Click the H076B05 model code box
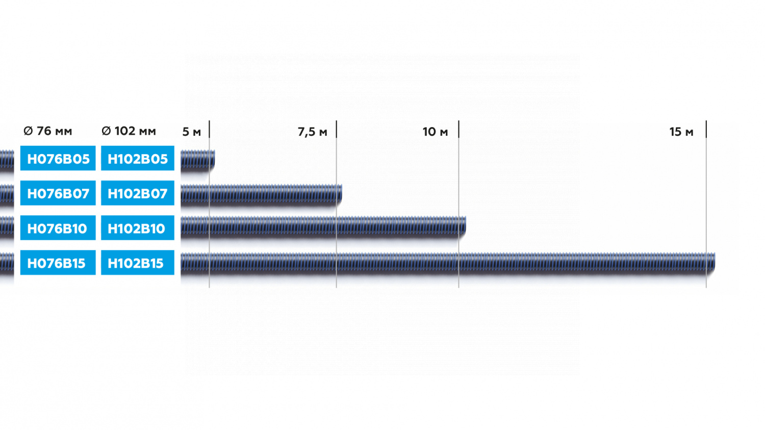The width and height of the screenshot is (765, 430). pyautogui.click(x=58, y=158)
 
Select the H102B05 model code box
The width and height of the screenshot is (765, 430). pyautogui.click(x=138, y=158)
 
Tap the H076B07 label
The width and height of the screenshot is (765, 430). pyautogui.click(x=58, y=193)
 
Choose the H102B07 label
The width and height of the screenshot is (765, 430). pyautogui.click(x=138, y=193)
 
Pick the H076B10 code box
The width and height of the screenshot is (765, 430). pyautogui.click(x=58, y=228)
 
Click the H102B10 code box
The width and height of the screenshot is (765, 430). pyautogui.click(x=138, y=228)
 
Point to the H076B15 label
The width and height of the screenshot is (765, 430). pyautogui.click(x=58, y=263)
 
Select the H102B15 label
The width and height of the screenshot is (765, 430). pyautogui.click(x=138, y=263)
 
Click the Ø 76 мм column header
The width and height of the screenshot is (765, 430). pyautogui.click(x=48, y=131)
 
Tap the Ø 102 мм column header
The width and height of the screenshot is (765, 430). pyautogui.click(x=129, y=131)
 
